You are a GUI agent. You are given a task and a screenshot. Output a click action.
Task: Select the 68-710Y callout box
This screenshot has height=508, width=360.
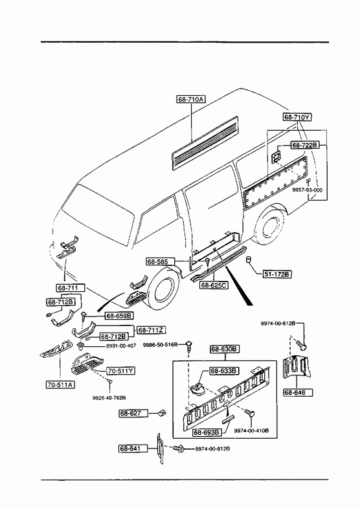[x=297, y=117]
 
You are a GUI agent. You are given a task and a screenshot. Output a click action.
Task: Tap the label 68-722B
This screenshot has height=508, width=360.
[x=305, y=145]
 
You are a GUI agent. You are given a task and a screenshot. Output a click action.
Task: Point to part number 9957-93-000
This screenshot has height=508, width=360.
[x=307, y=190]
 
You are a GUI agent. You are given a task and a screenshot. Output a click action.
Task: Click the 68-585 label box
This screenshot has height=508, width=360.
[x=161, y=261]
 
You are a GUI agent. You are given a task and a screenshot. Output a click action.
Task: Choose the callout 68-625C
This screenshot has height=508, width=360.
[x=214, y=285]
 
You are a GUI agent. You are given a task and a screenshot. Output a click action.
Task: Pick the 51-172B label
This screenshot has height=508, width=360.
[x=276, y=274]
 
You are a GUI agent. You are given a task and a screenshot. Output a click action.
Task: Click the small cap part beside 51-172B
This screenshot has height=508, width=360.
[x=249, y=260]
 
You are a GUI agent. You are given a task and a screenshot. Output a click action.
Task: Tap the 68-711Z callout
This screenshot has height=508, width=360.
[x=152, y=330]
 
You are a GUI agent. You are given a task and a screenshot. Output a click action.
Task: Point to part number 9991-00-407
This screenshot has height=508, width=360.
[x=121, y=346]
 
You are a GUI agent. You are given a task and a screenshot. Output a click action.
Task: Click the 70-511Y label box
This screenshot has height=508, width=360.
[x=120, y=371]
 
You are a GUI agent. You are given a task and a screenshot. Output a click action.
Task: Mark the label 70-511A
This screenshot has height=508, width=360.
[x=60, y=384]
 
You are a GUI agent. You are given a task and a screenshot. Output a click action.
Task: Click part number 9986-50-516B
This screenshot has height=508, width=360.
[x=160, y=345]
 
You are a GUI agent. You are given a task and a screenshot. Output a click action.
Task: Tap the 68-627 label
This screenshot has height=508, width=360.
[x=133, y=414]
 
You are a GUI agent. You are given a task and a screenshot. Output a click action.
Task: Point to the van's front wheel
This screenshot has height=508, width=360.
[x=165, y=289]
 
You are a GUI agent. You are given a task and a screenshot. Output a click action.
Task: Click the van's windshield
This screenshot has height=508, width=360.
[x=98, y=214]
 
